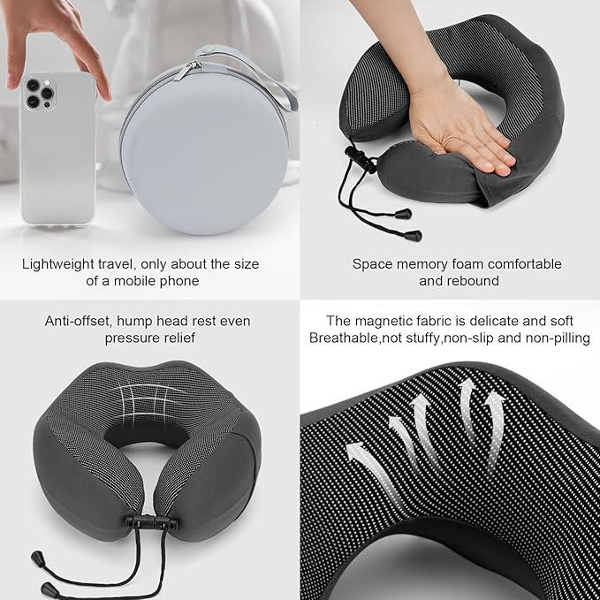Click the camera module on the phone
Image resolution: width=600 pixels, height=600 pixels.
38,92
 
